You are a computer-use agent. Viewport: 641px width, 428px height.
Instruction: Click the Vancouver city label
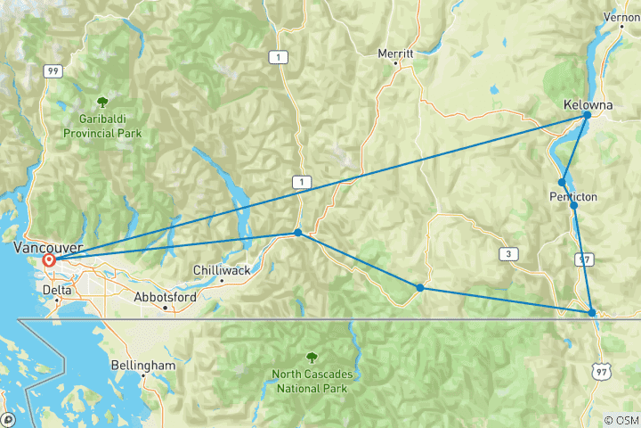click(x=49, y=246)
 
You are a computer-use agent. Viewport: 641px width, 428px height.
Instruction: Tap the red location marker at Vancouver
click(x=49, y=261)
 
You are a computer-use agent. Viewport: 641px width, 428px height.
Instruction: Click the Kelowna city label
click(x=588, y=103)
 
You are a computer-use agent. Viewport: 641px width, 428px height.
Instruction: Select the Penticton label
click(x=574, y=195)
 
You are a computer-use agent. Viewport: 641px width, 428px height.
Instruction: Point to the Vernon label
click(x=621, y=17)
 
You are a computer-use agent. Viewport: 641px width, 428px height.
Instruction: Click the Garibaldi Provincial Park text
click(x=102, y=126)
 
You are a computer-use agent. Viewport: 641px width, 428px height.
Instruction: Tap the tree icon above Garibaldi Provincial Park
click(x=102, y=103)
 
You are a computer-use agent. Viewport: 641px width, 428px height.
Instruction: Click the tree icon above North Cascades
click(x=310, y=356)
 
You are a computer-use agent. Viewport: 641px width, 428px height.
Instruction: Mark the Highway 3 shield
click(x=508, y=255)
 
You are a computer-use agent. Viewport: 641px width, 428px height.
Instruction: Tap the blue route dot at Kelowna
click(x=588, y=115)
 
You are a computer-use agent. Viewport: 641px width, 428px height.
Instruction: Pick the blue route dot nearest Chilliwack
click(x=298, y=233)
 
